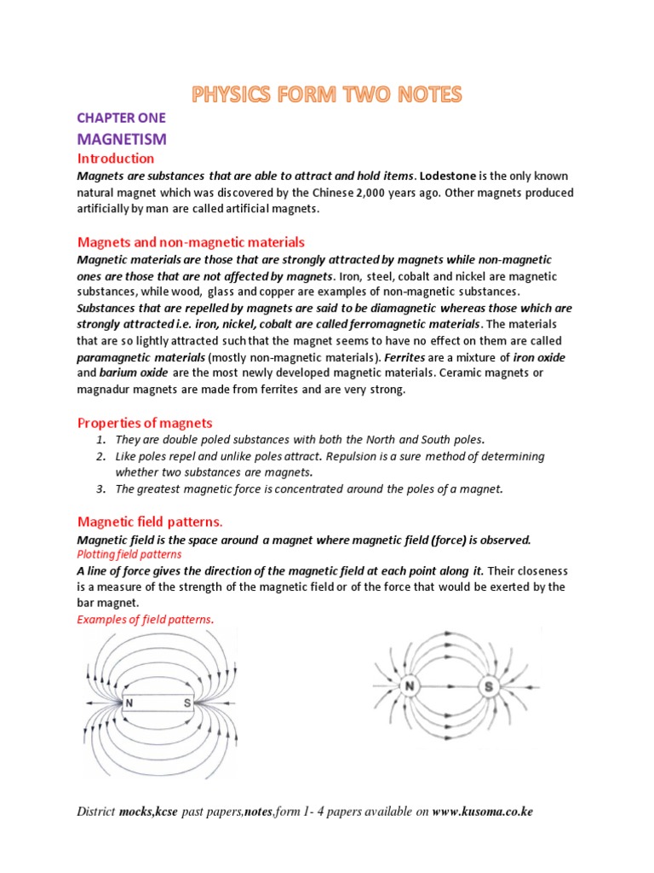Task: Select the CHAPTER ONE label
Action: (x=121, y=119)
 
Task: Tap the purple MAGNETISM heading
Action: (x=122, y=138)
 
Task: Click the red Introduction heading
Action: (x=116, y=159)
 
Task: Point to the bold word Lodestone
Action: (x=447, y=176)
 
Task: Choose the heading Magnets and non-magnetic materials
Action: (x=191, y=243)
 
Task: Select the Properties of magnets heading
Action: (x=145, y=423)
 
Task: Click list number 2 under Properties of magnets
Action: (x=100, y=456)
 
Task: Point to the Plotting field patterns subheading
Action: (x=129, y=554)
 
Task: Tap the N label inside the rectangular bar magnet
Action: (x=129, y=703)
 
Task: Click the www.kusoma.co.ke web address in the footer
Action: (x=482, y=812)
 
